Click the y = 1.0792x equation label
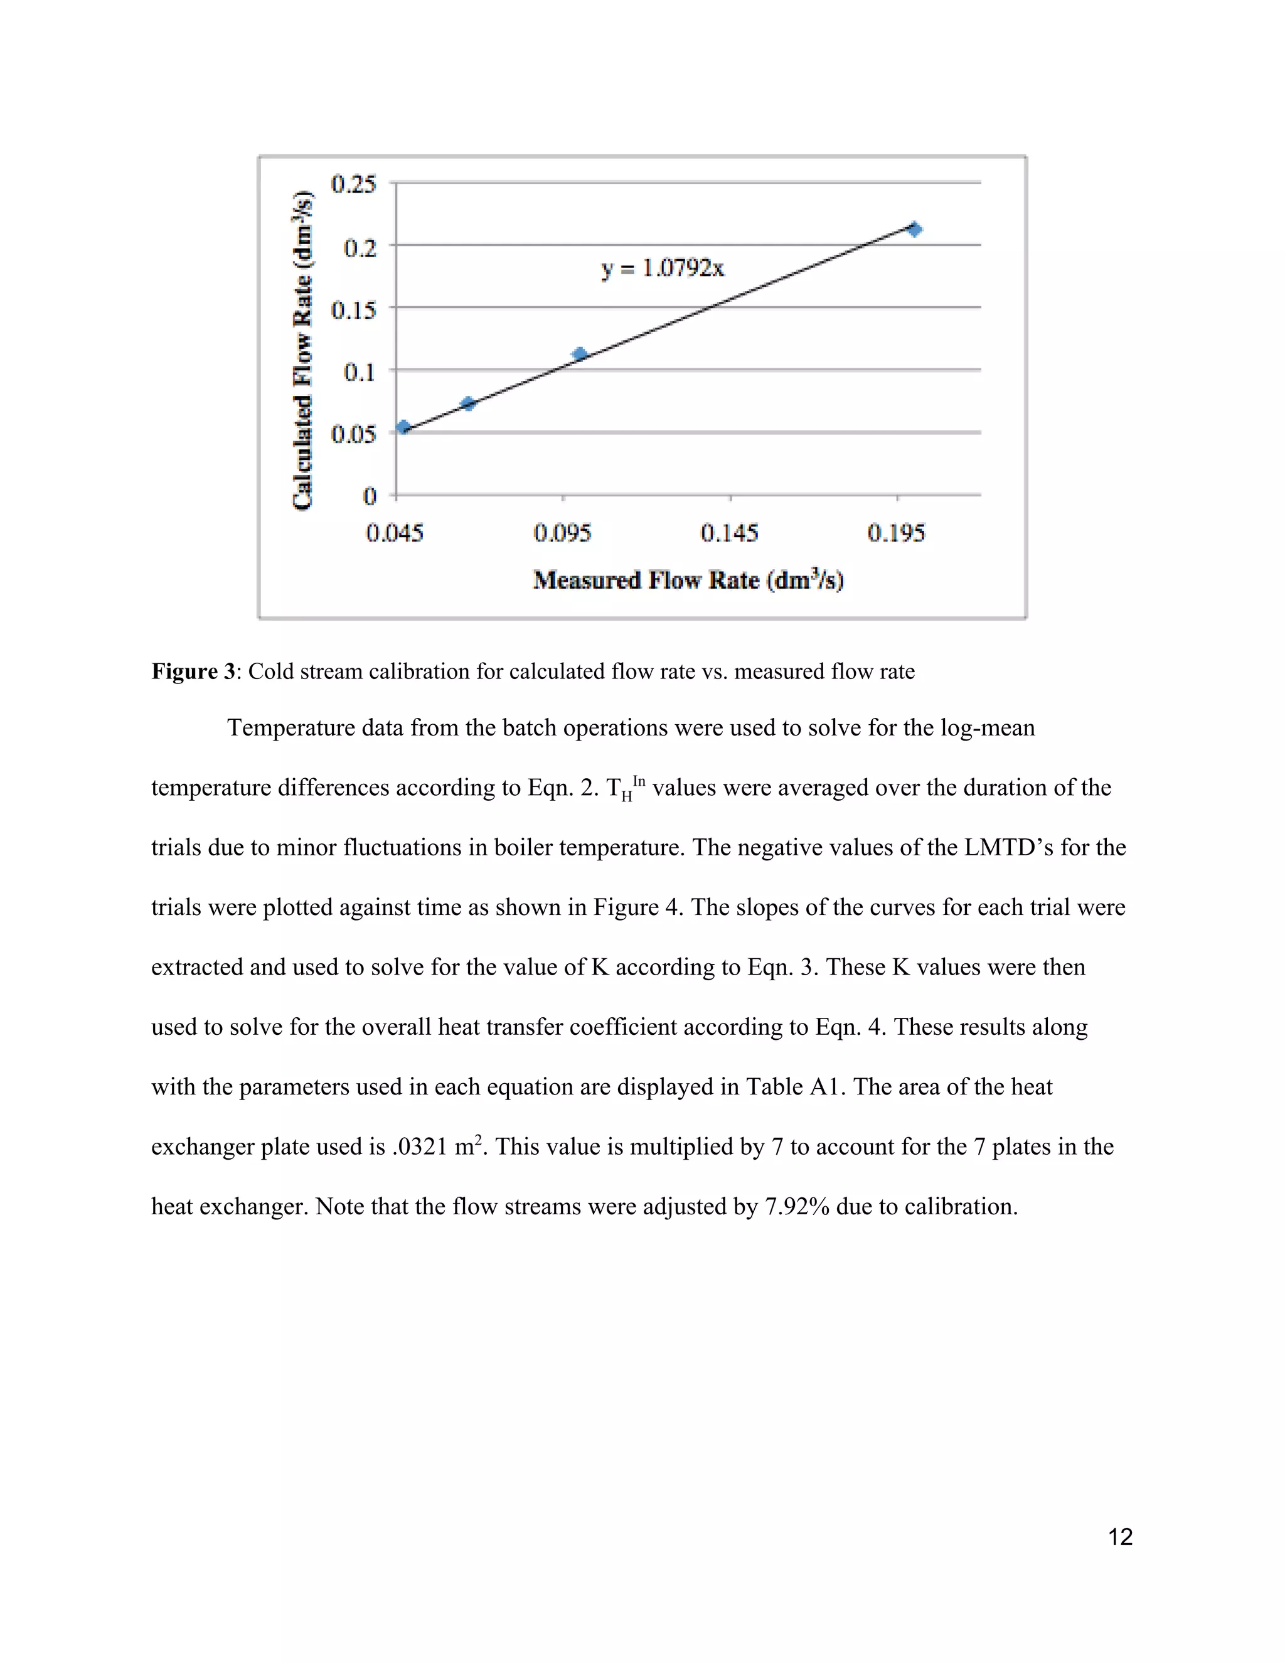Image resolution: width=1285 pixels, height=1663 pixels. [663, 268]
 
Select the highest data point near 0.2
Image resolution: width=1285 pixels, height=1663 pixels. [914, 229]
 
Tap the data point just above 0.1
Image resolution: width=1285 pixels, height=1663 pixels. [579, 354]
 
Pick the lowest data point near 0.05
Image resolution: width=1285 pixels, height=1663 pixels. [403, 427]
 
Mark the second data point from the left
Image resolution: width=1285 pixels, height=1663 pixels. [468, 404]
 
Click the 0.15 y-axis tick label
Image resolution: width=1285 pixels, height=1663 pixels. [353, 309]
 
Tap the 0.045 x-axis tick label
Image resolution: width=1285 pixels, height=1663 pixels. [394, 532]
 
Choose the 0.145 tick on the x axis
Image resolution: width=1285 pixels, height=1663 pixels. [729, 532]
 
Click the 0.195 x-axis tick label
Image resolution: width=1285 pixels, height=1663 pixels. [896, 532]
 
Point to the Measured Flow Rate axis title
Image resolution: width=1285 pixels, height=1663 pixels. [688, 580]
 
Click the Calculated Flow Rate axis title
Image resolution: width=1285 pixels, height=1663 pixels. [303, 350]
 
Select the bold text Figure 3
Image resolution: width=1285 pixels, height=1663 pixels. [193, 671]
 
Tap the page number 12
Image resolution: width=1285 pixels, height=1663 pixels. [1120, 1537]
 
